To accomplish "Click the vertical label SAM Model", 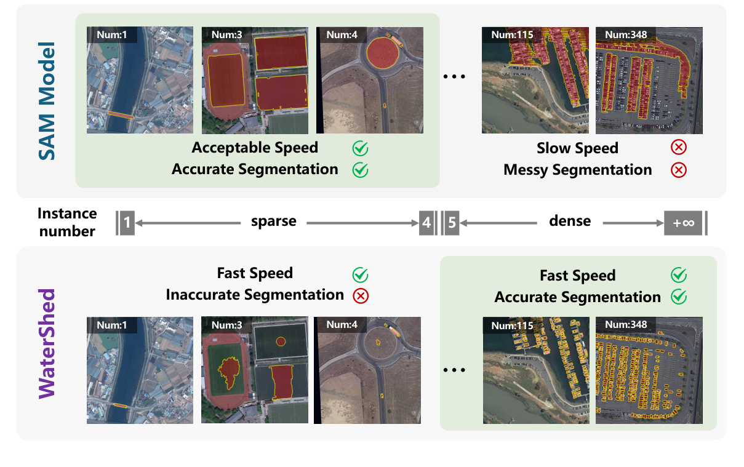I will coord(47,102).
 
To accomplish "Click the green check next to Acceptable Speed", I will coord(360,148).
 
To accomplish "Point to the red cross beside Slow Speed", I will coord(679,147).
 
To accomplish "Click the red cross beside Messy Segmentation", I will coord(679,170).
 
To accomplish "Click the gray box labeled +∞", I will coord(683,223).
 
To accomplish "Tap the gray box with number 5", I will coord(451,223).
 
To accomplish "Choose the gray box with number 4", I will coord(426,223).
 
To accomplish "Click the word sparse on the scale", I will coord(274,222).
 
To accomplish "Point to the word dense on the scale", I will coord(569,221).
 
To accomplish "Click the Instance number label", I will coord(67,222).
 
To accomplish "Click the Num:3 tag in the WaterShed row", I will coord(226,324).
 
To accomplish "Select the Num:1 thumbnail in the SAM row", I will coord(140,81).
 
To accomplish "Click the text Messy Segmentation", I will coord(577,170).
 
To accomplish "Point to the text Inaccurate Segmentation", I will coord(255,295).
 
